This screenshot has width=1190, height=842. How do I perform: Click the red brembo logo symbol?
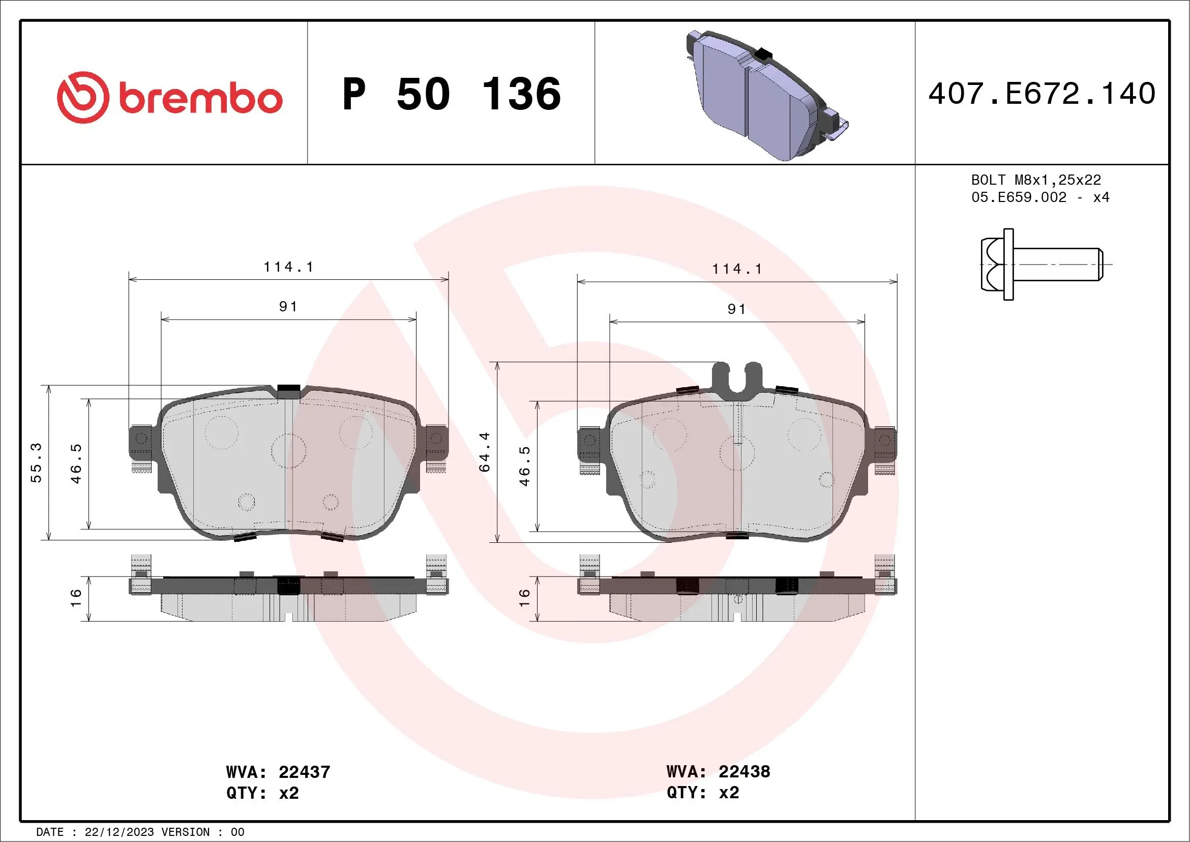83,98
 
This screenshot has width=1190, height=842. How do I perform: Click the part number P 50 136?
452,94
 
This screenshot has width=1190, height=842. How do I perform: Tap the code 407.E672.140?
1042,94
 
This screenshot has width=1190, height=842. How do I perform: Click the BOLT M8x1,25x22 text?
1035,180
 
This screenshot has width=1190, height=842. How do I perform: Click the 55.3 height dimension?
36,462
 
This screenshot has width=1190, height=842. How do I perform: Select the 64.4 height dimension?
484,452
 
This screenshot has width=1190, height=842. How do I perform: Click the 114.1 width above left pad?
288,267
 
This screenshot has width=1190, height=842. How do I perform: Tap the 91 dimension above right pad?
736,309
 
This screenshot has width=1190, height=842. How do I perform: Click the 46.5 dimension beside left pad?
76,463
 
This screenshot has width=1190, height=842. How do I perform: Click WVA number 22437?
304,772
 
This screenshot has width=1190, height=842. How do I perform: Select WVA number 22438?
745,771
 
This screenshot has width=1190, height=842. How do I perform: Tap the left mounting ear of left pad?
140,442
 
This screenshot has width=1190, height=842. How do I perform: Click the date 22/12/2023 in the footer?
119,832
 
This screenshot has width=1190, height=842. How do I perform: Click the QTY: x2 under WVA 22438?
703,793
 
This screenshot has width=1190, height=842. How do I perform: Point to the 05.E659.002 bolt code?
1019,197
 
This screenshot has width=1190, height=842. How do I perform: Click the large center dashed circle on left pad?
289,451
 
